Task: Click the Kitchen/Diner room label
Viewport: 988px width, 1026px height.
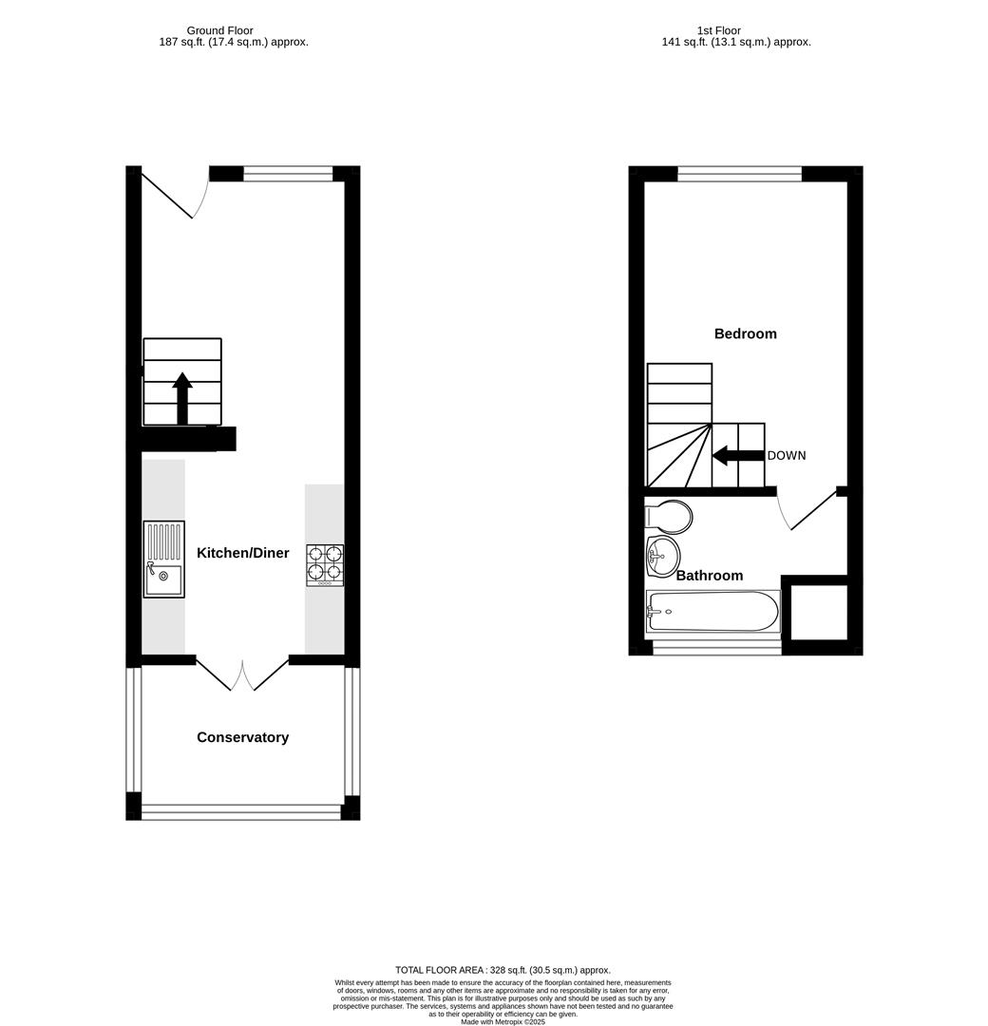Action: [x=242, y=553]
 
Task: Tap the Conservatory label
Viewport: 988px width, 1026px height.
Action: [x=242, y=737]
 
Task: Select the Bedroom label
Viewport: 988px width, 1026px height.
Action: [x=745, y=333]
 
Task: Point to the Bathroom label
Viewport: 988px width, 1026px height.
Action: [x=710, y=576]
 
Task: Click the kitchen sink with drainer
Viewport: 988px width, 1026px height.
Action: [x=163, y=560]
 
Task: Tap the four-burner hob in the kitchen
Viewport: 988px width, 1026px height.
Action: [x=325, y=564]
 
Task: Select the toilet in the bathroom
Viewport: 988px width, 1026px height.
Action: [x=669, y=517]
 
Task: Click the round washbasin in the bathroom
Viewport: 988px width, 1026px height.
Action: [x=663, y=556]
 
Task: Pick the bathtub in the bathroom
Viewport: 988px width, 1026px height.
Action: [x=712, y=612]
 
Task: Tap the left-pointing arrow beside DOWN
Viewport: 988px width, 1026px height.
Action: [x=737, y=456]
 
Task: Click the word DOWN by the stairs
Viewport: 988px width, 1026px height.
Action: [x=787, y=456]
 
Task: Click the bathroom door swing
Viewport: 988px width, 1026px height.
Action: [x=807, y=513]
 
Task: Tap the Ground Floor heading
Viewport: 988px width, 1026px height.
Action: [x=219, y=30]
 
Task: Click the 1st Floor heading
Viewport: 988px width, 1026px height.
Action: [x=718, y=30]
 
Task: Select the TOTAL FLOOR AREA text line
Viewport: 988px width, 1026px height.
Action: [x=503, y=970]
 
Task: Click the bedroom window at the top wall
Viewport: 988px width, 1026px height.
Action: [x=739, y=174]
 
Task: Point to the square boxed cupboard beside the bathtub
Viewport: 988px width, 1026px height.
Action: [x=818, y=612]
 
